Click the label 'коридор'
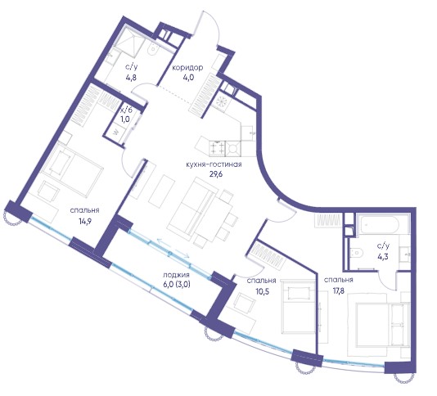(187, 68)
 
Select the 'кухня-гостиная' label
(214, 164)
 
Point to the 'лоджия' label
(177, 275)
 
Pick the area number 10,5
(262, 291)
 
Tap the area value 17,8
(339, 290)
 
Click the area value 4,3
(383, 256)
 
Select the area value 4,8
(131, 78)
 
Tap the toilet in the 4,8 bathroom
(152, 49)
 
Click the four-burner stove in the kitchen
(218, 148)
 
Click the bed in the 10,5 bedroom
(299, 306)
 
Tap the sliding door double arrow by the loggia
(173, 248)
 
